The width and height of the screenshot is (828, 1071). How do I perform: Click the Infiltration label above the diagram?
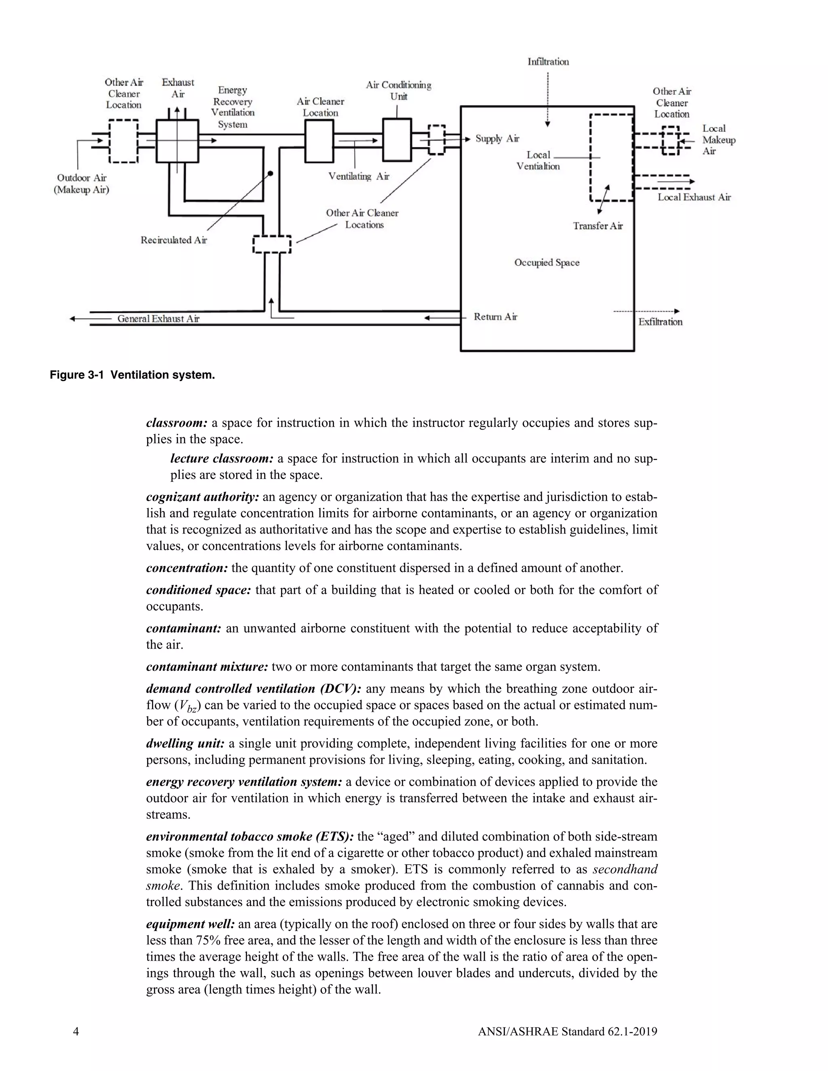[x=548, y=62]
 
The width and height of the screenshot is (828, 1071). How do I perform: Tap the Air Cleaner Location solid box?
[x=319, y=142]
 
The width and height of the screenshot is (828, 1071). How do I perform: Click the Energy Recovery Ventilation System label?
[x=233, y=107]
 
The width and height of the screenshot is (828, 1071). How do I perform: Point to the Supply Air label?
[x=497, y=139]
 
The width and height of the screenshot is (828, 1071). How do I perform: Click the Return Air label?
[x=495, y=317]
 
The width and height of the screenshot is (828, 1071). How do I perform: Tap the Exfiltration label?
[x=660, y=322]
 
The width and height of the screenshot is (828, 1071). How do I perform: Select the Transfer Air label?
[x=598, y=226]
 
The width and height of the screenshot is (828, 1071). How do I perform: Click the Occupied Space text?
[x=547, y=263]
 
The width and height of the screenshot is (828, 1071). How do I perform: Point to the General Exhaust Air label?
[x=158, y=319]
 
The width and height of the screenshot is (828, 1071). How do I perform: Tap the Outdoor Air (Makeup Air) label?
[x=81, y=184]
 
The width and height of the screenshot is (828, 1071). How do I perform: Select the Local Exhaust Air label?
[x=694, y=198]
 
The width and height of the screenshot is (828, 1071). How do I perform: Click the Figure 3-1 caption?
[x=133, y=375]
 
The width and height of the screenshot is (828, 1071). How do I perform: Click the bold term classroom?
[x=177, y=423]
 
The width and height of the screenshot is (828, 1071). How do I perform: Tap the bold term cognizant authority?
[x=203, y=497]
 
